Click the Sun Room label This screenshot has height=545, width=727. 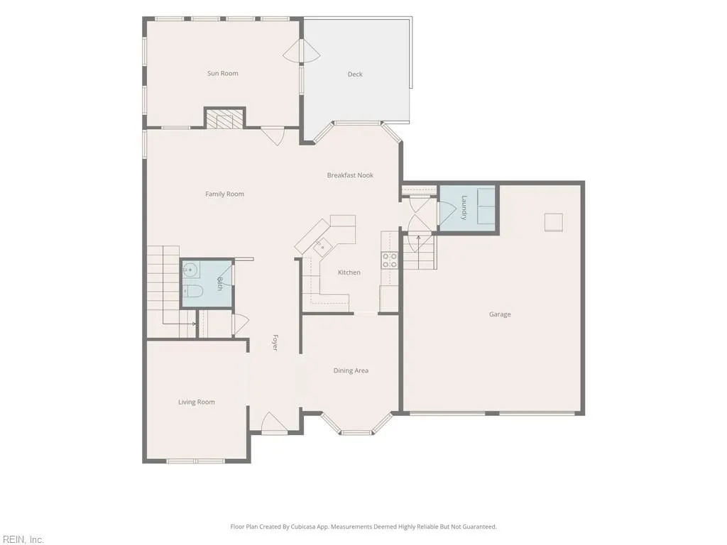(222, 73)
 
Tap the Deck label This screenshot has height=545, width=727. (355, 74)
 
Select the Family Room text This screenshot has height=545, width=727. (224, 194)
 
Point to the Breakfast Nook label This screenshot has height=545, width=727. (350, 175)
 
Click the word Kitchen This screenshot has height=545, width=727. (349, 272)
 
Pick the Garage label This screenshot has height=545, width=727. (500, 314)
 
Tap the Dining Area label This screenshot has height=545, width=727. (351, 370)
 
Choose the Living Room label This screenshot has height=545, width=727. (197, 402)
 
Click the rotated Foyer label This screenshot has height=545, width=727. (275, 343)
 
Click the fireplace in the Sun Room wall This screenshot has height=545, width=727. (225, 119)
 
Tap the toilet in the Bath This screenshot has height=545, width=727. (192, 292)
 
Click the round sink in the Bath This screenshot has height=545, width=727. (190, 270)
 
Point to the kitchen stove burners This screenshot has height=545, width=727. (390, 260)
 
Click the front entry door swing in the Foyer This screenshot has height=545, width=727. (273, 423)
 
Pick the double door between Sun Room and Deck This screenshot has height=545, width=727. (301, 51)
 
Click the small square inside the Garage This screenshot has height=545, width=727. (554, 222)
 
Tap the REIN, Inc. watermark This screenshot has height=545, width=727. (22, 539)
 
